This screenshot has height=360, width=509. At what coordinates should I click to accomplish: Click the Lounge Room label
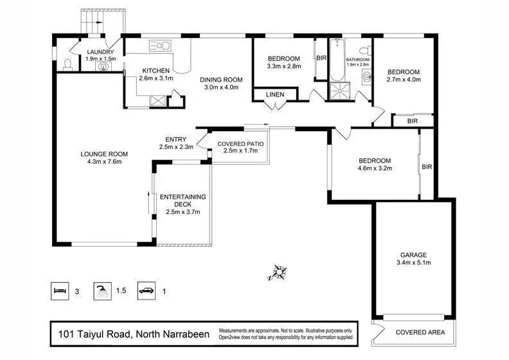tap(104, 154)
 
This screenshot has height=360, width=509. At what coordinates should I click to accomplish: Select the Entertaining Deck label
tap(183, 200)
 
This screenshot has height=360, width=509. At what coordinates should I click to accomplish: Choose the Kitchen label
tap(156, 71)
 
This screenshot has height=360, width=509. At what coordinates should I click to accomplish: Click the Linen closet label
tap(274, 95)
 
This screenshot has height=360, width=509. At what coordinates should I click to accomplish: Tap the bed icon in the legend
tap(60, 291)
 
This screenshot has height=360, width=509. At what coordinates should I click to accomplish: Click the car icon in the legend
tap(148, 291)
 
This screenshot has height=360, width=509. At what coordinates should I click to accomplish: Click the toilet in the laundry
tap(68, 65)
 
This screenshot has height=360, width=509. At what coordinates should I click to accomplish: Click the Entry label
tap(175, 139)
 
